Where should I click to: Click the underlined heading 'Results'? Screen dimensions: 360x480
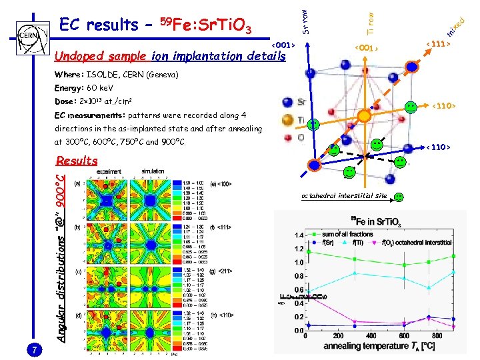77,161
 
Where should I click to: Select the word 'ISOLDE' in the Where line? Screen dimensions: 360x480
103,75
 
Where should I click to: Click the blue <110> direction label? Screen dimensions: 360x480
439,147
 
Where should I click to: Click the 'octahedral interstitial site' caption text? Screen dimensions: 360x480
343,197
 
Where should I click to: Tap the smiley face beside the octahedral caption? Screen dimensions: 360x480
398,197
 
